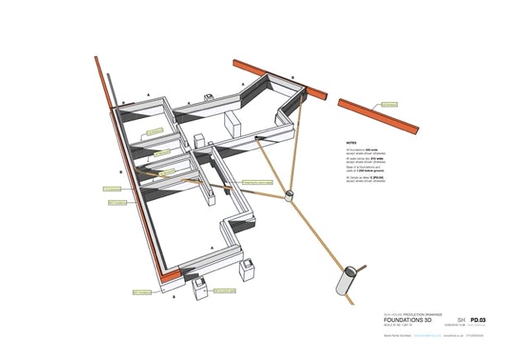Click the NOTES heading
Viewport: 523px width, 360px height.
click(x=351, y=141)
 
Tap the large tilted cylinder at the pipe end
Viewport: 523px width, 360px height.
click(x=349, y=278)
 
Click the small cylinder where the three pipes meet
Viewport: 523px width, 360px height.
click(x=290, y=197)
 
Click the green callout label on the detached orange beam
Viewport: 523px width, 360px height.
click(x=389, y=105)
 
